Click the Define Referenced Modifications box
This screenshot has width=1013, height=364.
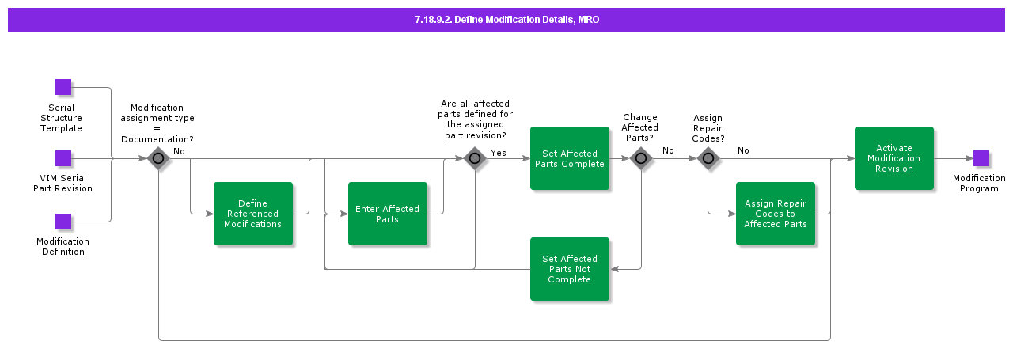coord(252,214)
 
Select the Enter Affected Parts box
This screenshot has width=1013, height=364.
coord(387,214)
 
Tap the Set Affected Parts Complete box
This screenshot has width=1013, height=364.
coord(569,158)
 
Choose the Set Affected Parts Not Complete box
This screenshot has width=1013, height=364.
coord(569,269)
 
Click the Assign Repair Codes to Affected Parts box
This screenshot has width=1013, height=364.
coord(775,214)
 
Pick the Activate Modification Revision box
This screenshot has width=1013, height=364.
coord(893,158)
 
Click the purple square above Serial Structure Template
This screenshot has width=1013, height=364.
coord(63,87)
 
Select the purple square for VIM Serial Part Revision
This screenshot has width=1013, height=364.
coord(63,158)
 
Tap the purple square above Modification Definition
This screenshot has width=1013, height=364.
coord(63,222)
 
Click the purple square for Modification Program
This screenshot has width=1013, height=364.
coord(981,158)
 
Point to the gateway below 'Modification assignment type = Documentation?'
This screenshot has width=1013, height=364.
coord(158,158)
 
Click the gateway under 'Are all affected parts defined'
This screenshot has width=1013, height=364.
coord(475,158)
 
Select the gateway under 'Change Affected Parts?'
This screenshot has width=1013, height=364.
coord(641,158)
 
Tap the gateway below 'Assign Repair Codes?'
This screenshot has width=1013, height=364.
coord(708,158)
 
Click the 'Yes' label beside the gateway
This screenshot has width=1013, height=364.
coord(499,153)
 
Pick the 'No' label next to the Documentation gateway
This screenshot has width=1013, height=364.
coord(180,150)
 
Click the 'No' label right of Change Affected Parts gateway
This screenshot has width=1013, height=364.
coord(668,150)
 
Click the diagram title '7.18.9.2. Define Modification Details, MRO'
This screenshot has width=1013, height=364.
coord(506,20)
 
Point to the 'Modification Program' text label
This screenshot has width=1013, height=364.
coord(979,184)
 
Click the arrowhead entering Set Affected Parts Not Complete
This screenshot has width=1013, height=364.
coord(614,269)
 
